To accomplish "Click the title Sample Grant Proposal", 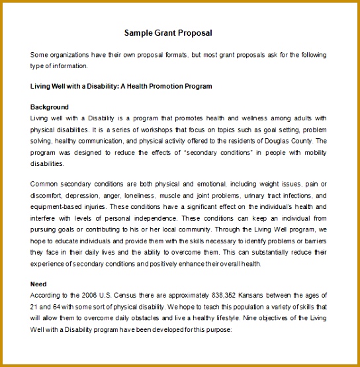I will [168, 32].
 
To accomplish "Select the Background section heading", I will [50, 106].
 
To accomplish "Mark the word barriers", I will [314, 241].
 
